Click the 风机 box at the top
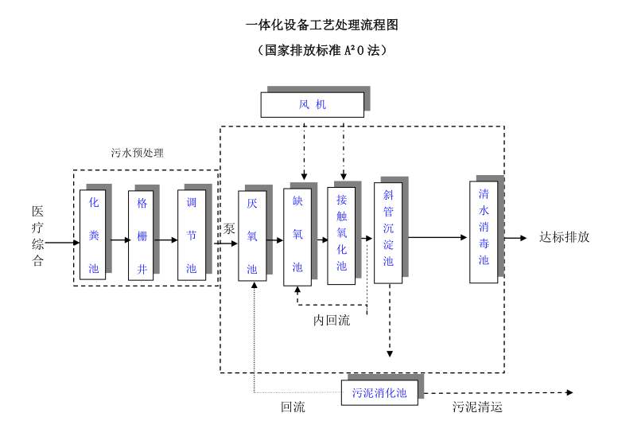pyautogui.click(x=313, y=105)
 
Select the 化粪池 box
pyautogui.click(x=93, y=235)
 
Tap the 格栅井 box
pyautogui.click(x=142, y=235)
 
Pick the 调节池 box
pyautogui.click(x=191, y=235)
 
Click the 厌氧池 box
pyautogui.click(x=252, y=236)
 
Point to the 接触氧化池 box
pyautogui.click(x=341, y=235)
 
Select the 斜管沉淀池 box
pyautogui.click(x=388, y=232)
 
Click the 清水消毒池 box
pyautogui.click(x=483, y=232)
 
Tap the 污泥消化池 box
pyautogui.click(x=379, y=393)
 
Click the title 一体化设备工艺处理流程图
pyautogui.click(x=324, y=25)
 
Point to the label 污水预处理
pyautogui.click(x=137, y=153)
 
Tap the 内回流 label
pyautogui.click(x=331, y=321)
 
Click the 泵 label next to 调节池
pyautogui.click(x=230, y=228)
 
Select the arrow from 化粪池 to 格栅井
pyautogui.click(x=118, y=239)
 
